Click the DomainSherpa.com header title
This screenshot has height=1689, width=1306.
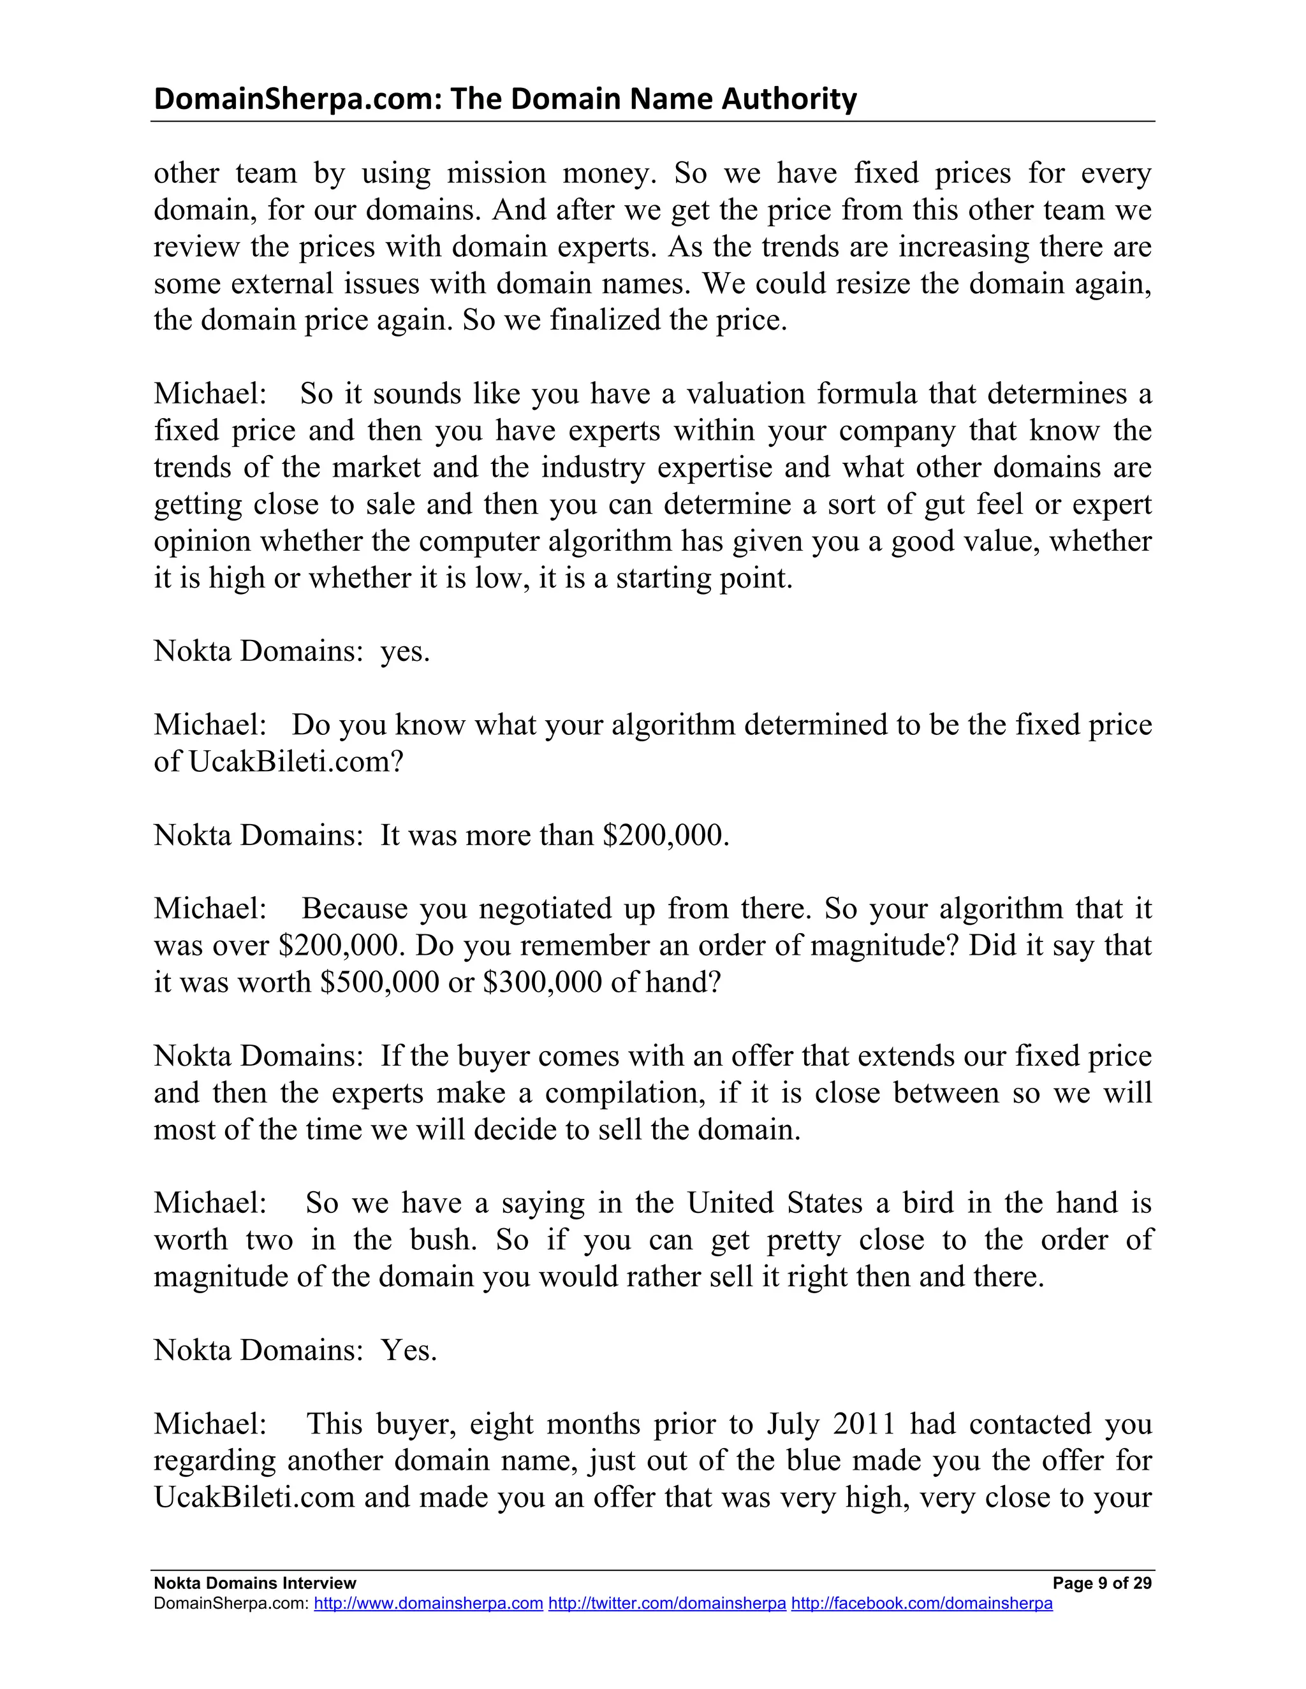point(504,99)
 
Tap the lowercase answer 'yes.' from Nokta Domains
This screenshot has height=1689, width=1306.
point(405,651)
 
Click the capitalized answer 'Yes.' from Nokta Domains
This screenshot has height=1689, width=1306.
point(409,1351)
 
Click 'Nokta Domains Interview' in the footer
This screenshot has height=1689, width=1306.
point(254,1583)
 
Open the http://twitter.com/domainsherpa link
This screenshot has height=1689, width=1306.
point(667,1603)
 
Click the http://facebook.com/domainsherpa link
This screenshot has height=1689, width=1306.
point(921,1603)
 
